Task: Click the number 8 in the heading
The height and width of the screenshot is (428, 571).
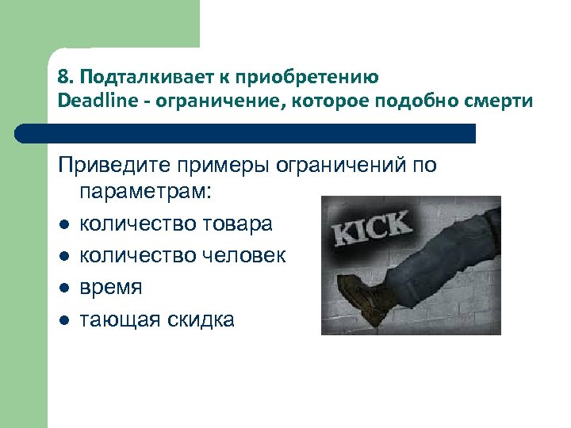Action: pyautogui.click(x=63, y=78)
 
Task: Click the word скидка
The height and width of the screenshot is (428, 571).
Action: pyautogui.click(x=199, y=319)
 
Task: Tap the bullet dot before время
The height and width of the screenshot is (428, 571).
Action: pyautogui.click(x=63, y=289)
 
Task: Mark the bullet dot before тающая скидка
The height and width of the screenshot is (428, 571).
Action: pyautogui.click(x=63, y=320)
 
